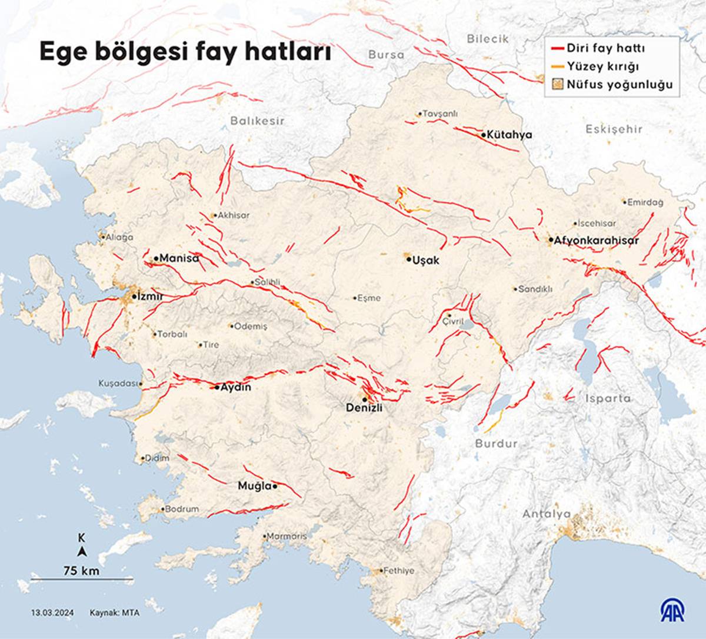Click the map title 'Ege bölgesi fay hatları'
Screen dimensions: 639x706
[185, 52]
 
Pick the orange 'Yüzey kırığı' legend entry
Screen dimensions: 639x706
[602, 66]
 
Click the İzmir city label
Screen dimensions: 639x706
[149, 297]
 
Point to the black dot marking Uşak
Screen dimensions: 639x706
[408, 258]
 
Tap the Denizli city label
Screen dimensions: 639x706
[364, 407]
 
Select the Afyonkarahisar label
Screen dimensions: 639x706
[597, 240]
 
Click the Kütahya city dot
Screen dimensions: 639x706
[483, 135]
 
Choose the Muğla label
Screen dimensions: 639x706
[254, 486]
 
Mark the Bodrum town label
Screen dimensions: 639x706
[181, 509]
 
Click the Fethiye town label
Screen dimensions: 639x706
[399, 571]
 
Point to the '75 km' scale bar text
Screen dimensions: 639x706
[82, 570]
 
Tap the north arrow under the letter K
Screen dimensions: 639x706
[82, 551]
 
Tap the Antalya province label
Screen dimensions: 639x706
[547, 514]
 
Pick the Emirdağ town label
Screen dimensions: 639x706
[645, 202]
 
